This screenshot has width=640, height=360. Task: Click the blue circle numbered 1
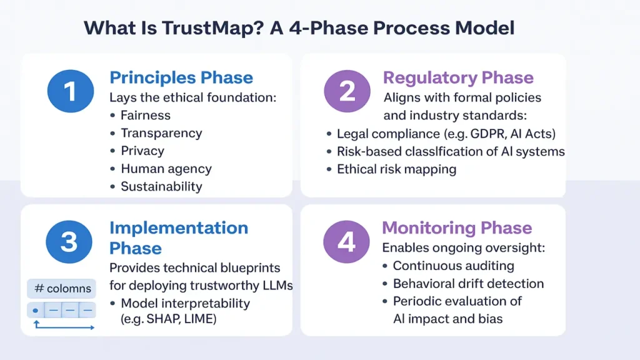(70, 91)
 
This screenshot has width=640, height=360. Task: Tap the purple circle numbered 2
(347, 91)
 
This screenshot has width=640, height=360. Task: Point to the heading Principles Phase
(181, 78)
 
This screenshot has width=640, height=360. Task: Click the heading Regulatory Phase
(458, 78)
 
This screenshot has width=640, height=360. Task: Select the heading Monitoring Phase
(457, 228)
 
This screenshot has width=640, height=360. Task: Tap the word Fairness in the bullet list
(145, 116)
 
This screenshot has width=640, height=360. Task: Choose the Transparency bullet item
(161, 133)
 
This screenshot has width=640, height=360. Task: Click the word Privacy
(142, 151)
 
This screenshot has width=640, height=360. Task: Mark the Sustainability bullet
(161, 186)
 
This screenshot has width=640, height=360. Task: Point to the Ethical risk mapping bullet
(396, 169)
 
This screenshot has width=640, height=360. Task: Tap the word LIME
(200, 319)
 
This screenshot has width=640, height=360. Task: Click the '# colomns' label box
(61, 289)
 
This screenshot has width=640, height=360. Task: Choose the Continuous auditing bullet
(453, 266)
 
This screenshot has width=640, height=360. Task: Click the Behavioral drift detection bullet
(468, 284)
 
